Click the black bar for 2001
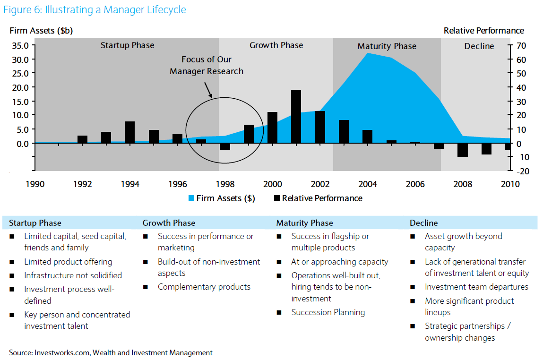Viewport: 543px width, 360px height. tap(296, 116)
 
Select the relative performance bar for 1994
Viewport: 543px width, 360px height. tap(129, 132)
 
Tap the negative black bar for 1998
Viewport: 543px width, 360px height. tap(225, 146)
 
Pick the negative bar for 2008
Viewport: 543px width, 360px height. tap(462, 149)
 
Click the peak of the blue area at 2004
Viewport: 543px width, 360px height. tap(368, 53)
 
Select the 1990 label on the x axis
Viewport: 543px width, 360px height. tap(35, 184)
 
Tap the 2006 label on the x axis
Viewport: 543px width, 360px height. tap(415, 184)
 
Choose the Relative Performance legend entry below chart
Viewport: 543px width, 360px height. tap(318, 198)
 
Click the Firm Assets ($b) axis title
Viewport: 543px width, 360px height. tap(41, 31)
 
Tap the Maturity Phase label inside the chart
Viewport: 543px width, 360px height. tap(387, 46)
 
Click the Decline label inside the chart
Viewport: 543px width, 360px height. tap(479, 46)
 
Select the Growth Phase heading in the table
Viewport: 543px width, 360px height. tap(169, 223)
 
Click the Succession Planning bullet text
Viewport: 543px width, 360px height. tap(328, 312)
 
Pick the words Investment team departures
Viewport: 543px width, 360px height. tap(476, 287)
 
